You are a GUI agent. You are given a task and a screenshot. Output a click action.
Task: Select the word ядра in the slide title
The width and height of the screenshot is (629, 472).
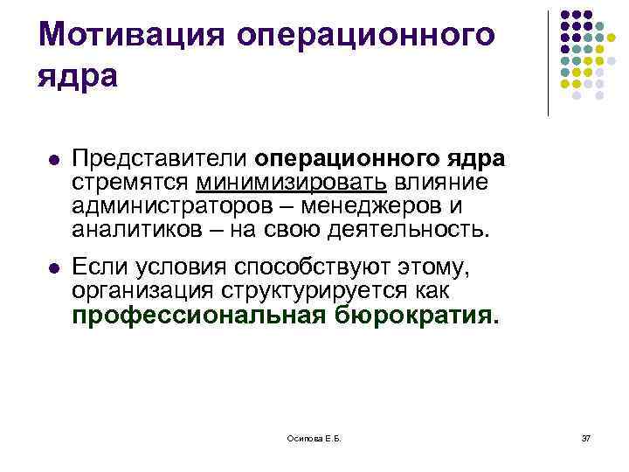pyautogui.click(x=77, y=76)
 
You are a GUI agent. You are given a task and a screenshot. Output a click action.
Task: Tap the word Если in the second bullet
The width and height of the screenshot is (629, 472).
pyautogui.click(x=96, y=267)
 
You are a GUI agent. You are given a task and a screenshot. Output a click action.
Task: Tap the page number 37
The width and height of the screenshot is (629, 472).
pyautogui.click(x=586, y=436)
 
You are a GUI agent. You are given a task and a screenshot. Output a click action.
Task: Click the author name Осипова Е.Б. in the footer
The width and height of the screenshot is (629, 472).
pyautogui.click(x=313, y=436)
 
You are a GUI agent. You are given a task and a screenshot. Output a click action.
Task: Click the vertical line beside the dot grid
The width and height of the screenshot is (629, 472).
pyautogui.click(x=548, y=61)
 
